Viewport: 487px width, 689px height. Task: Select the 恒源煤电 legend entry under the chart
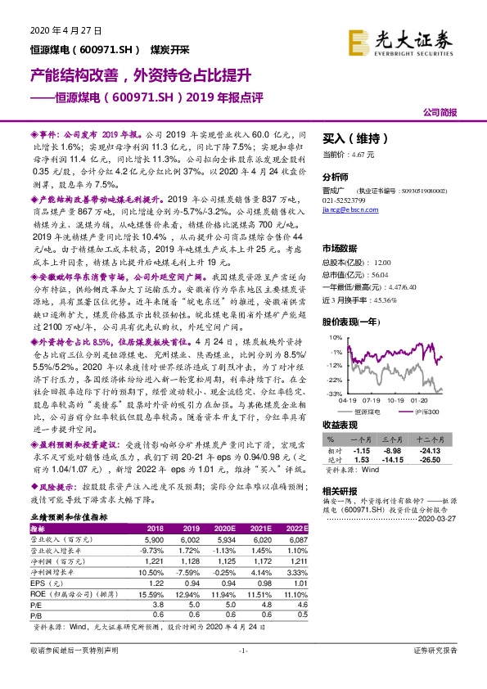point(373,412)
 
